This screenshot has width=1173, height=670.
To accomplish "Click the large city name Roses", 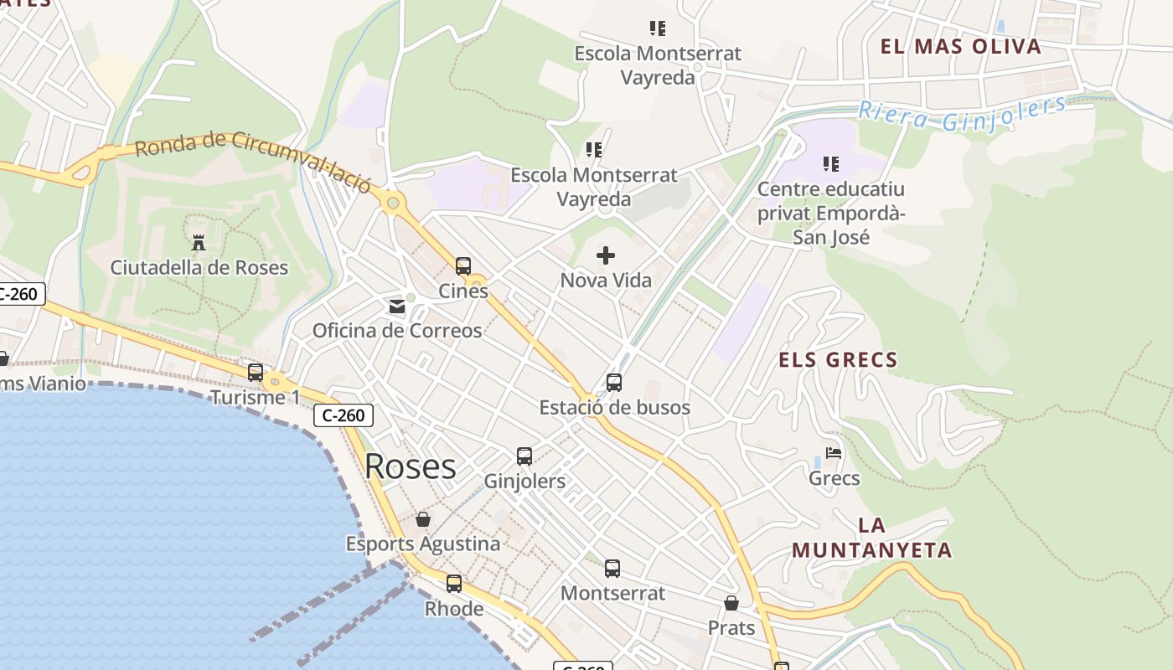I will [x=411, y=466].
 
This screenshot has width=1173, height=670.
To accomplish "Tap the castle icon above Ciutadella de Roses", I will [x=199, y=243].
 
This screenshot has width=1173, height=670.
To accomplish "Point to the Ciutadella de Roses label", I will [x=199, y=268].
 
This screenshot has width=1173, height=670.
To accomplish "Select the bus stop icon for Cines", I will [x=463, y=266].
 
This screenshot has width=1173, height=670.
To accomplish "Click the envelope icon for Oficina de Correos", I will [x=397, y=307].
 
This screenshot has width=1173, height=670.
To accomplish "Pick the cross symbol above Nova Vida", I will [x=606, y=255].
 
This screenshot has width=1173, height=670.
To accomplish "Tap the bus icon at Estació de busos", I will [x=614, y=383].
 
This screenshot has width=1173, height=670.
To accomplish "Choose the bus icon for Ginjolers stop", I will [x=524, y=456].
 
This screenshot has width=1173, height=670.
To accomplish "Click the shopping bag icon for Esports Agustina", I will [x=423, y=519].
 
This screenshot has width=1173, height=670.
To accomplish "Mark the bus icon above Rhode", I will [x=454, y=584].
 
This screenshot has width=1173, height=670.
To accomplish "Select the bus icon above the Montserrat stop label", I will [x=612, y=569].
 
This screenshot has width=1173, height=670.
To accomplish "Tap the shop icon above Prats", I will [x=731, y=603].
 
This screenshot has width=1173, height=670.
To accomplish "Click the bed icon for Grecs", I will [x=834, y=453].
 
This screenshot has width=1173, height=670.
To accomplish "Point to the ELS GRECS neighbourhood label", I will [x=838, y=360].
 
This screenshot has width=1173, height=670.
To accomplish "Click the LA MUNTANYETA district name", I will [x=872, y=538].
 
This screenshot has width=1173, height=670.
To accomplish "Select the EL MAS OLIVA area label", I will [x=961, y=47].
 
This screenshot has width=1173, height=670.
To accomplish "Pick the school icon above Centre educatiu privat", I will [x=830, y=164].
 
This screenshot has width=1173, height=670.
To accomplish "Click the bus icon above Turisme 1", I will [x=256, y=373].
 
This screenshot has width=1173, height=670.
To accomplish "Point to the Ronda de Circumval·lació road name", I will [x=252, y=159].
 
